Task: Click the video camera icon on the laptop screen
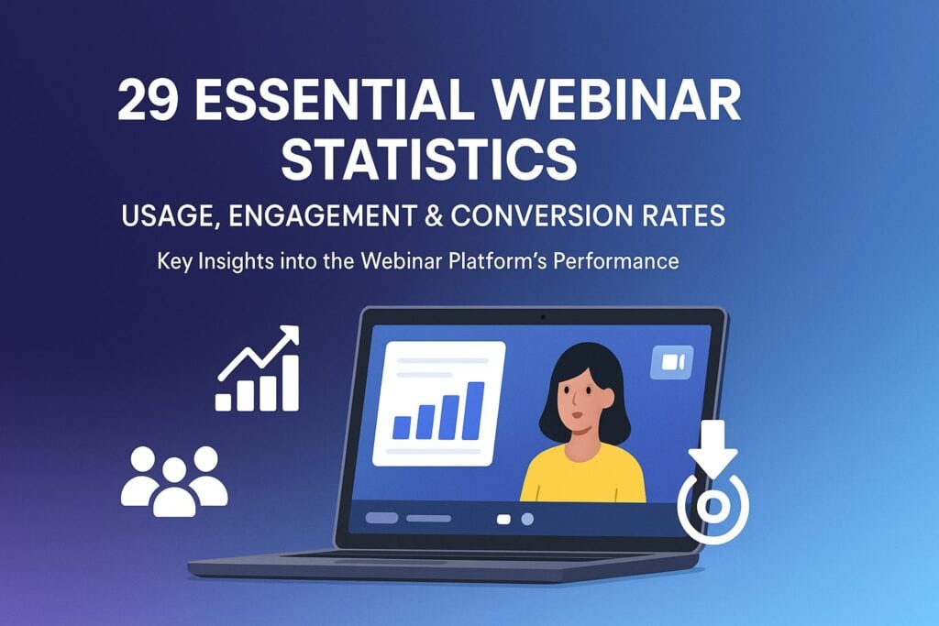(671, 363)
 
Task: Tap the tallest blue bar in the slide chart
(474, 410)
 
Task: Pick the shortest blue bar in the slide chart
(402, 426)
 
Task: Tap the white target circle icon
(713, 506)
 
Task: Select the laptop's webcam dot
(543, 317)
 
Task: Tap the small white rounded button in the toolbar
(503, 519)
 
